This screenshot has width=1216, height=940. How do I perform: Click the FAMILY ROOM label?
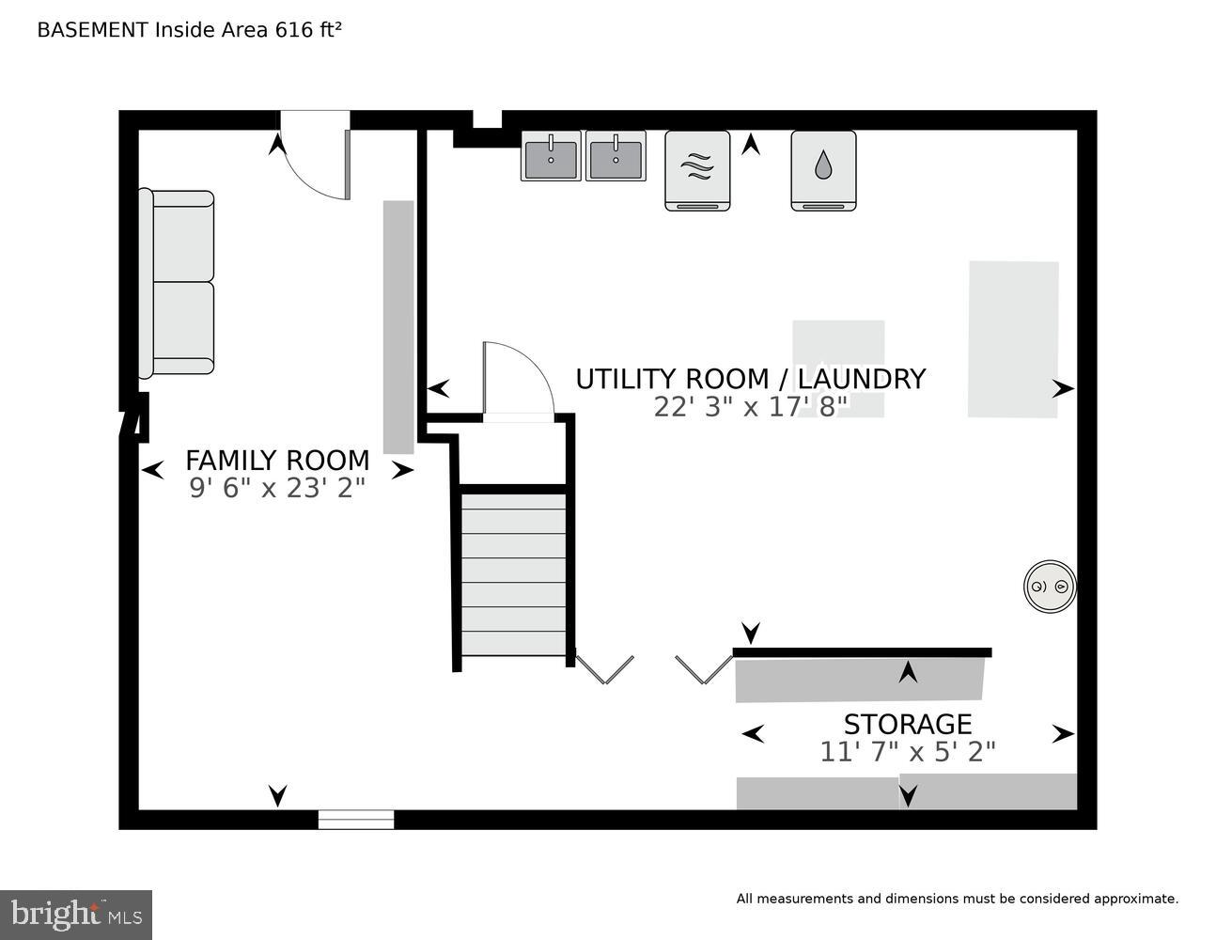[277, 461]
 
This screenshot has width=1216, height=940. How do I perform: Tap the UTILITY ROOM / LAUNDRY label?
[750, 379]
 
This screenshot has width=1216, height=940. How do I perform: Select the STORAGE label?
[907, 725]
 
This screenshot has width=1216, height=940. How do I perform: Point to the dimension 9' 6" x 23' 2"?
[277, 488]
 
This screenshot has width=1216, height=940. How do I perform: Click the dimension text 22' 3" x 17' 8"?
[750, 406]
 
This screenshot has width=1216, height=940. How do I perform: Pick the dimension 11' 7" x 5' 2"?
[907, 752]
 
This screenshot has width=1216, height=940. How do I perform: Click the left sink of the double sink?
[551, 156]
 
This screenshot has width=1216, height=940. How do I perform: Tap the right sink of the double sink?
[616, 156]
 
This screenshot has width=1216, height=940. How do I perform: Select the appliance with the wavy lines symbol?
[697, 170]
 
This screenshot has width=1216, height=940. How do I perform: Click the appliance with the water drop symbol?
[823, 170]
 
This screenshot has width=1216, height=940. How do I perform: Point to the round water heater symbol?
[1050, 587]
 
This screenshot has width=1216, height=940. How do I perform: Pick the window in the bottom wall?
[355, 820]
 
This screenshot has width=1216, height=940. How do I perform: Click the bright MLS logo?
[76, 915]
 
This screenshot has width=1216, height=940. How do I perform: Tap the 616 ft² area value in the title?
[308, 30]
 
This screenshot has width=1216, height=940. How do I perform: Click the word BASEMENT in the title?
[92, 30]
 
